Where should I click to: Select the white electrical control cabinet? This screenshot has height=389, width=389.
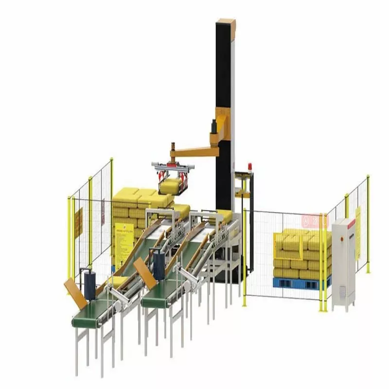pos(344,263)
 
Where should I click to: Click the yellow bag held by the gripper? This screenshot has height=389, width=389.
pos(171,186)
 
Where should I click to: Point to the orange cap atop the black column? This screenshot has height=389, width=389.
pos(226,22)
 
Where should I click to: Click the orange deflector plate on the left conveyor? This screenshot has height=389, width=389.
pos(75,293)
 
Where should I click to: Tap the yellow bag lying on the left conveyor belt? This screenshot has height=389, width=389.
pos(118,282)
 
